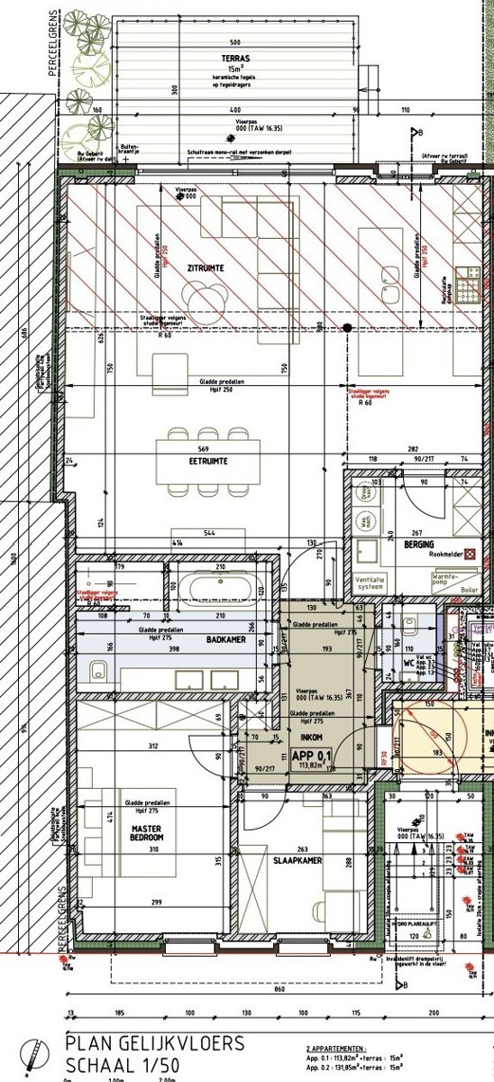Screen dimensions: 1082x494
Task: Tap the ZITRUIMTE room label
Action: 206,268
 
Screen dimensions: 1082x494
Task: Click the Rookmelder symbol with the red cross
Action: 487,545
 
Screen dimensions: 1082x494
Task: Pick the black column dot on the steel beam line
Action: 346,327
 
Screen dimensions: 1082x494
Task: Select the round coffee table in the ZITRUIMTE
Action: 203,295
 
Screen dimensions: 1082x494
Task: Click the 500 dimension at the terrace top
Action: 235,42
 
